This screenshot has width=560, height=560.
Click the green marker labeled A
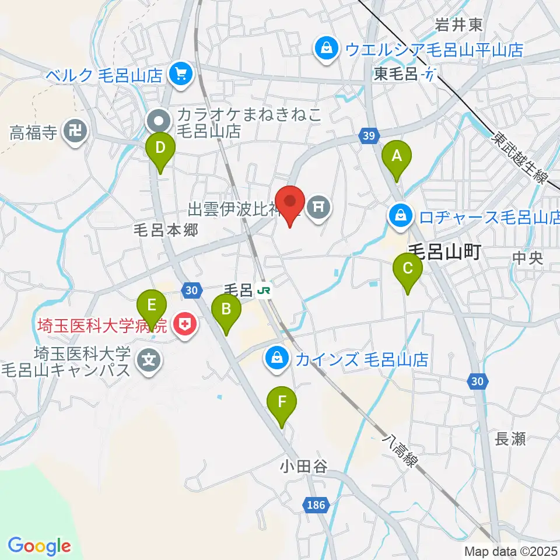click(x=397, y=156)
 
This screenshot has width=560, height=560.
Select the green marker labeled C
click(x=408, y=269)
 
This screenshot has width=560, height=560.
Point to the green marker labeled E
click(x=152, y=305)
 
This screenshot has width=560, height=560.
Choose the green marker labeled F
click(x=282, y=402)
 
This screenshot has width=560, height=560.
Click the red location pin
click(x=290, y=202)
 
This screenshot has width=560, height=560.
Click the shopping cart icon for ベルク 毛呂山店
click(x=181, y=74)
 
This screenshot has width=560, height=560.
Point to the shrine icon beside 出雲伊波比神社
click(x=318, y=205)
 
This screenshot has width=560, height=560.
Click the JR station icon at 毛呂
click(x=265, y=289)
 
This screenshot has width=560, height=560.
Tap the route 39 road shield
click(x=367, y=135)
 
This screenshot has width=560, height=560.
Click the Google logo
click(x=39, y=546)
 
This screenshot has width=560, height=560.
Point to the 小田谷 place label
click(x=302, y=467)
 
